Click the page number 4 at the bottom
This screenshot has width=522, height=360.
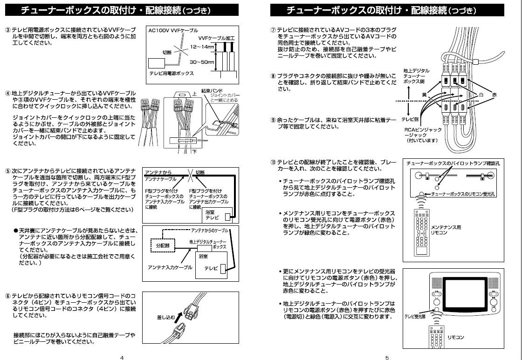pyautogui.click(x=122, y=358)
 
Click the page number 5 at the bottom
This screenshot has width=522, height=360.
pyautogui.click(x=387, y=358)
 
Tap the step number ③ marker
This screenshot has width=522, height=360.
pyautogui.click(x=8, y=30)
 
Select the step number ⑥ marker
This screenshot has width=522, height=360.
pyautogui.click(x=8, y=296)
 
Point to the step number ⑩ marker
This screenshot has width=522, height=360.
pyautogui.click(x=273, y=163)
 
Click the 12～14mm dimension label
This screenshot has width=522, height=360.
pyautogui.click(x=202, y=47)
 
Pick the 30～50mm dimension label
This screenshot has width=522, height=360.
pyautogui.click(x=202, y=62)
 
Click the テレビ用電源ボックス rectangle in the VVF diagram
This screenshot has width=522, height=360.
pyautogui.click(x=157, y=63)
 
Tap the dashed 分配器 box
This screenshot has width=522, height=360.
pyautogui.click(x=163, y=245)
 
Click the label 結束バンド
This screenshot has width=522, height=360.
pyautogui.click(x=212, y=90)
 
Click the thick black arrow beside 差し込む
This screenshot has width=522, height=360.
pyautogui.click(x=179, y=317)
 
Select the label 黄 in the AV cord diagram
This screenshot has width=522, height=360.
pyautogui.click(x=424, y=95)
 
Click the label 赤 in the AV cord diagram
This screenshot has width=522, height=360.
pyautogui.click(x=495, y=95)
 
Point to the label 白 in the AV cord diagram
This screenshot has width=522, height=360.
pyautogui.click(x=481, y=95)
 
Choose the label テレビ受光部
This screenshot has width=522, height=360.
pyautogui.click(x=415, y=316)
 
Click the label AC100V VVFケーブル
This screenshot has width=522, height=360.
pyautogui.click(x=173, y=30)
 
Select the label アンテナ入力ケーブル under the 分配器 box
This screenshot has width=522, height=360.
pyautogui.click(x=170, y=267)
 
